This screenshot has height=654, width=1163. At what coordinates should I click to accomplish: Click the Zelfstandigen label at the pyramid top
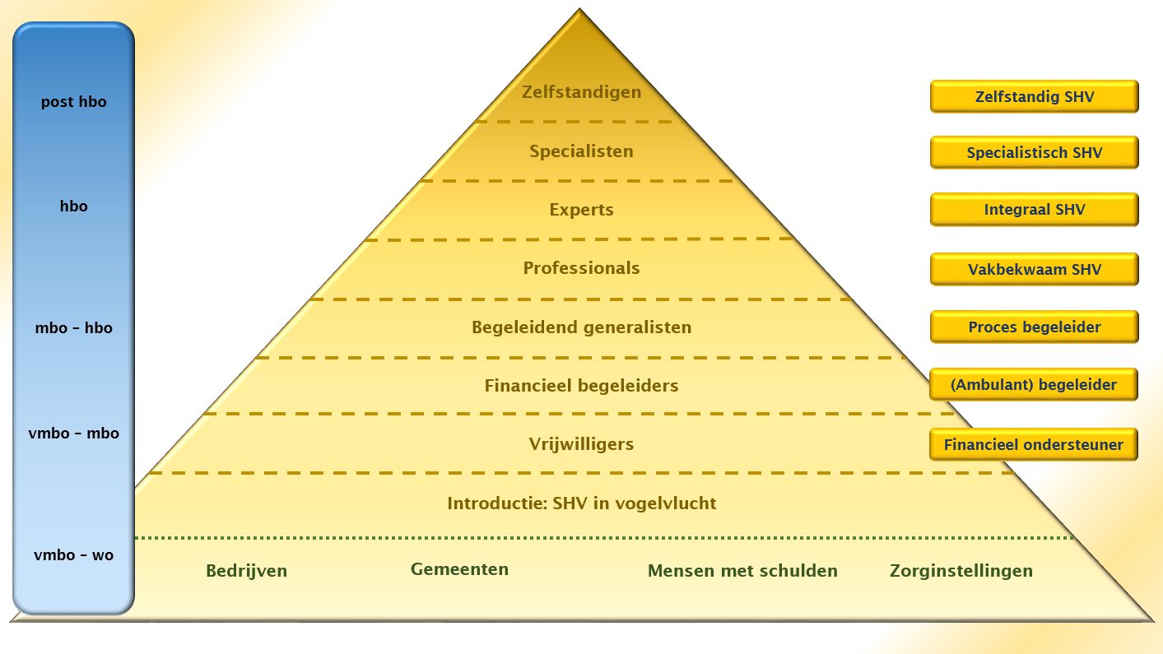tap(581, 91)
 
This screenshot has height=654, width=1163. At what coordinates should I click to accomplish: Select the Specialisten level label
tap(581, 151)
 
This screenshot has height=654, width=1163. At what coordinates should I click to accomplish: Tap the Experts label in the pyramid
tap(581, 210)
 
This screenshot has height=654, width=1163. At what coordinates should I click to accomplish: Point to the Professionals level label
tap(581, 268)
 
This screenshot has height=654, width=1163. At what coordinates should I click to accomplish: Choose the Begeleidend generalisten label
tap(581, 327)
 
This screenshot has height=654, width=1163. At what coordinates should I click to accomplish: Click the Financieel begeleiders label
tap(581, 386)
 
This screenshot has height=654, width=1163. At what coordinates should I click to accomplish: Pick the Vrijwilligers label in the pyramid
tap(581, 444)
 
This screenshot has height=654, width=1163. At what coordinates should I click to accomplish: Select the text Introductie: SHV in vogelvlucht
tap(581, 503)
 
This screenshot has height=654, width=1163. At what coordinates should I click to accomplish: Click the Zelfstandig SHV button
tap(1034, 96)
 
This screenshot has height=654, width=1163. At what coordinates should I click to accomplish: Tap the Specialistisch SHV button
tap(1034, 153)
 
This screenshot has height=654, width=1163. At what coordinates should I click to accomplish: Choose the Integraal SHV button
tap(1034, 210)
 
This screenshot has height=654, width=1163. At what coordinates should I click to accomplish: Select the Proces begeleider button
tap(1034, 327)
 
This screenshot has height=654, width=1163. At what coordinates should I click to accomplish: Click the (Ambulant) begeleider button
tap(1033, 385)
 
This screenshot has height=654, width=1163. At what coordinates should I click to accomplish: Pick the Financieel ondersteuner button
tap(1033, 445)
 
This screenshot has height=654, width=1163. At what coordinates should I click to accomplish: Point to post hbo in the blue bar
tap(73, 103)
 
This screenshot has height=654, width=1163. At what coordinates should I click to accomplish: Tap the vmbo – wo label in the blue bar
tap(73, 555)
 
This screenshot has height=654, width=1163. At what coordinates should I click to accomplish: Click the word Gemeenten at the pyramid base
tap(459, 569)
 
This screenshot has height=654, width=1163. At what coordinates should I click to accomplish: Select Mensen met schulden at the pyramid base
tap(742, 571)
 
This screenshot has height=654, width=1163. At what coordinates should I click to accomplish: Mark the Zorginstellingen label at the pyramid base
tap(961, 571)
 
